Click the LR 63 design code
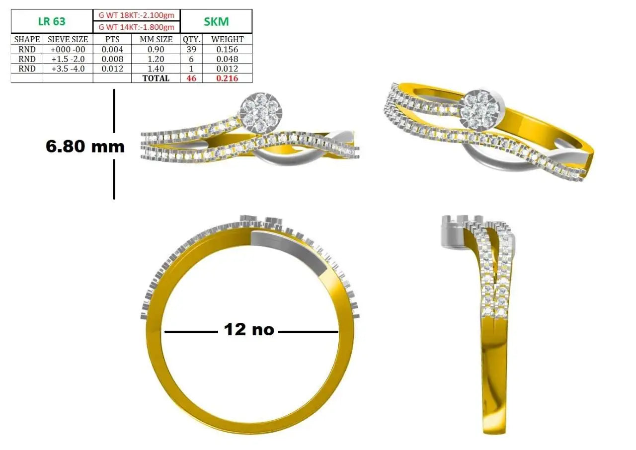[x=52, y=21]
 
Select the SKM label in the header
[x=216, y=21]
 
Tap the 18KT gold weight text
[x=136, y=15]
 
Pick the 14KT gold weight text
[x=136, y=27]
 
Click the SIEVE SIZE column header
[x=68, y=39]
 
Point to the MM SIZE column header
[x=156, y=39]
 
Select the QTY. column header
[x=191, y=39]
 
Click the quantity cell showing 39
[x=191, y=49]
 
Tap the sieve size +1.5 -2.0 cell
[x=68, y=59]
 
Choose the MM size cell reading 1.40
[x=156, y=69]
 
